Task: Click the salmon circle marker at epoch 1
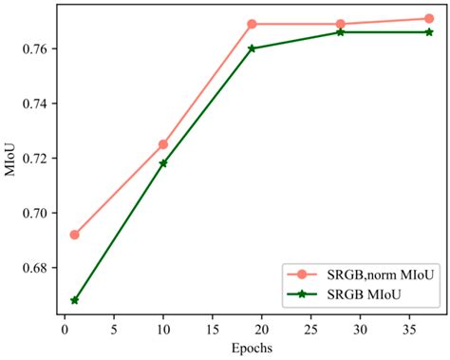74,235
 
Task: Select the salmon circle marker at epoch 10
163,144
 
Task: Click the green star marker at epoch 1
74,300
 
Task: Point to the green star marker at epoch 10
163,163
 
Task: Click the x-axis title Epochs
252,348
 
